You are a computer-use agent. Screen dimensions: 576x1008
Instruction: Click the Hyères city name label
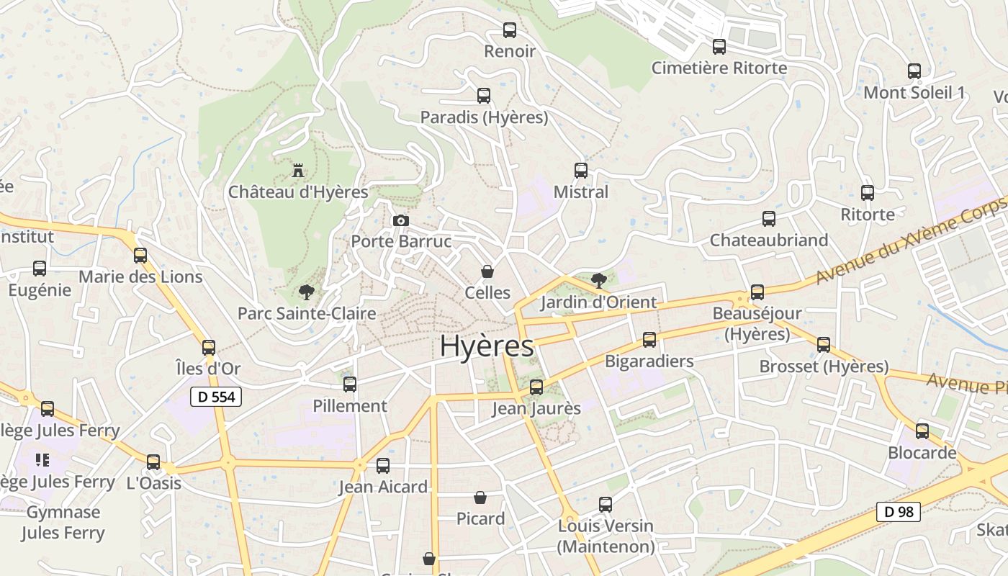click(487, 346)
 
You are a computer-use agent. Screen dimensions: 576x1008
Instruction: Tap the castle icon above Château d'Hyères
click(297, 171)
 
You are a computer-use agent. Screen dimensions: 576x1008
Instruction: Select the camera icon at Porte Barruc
click(401, 220)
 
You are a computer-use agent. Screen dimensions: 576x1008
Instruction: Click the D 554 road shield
click(216, 396)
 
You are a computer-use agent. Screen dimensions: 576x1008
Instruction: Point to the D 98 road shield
click(899, 512)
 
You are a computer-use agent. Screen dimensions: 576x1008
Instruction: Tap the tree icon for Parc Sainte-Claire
click(307, 292)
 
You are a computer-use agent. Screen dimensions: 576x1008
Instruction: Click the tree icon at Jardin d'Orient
click(598, 281)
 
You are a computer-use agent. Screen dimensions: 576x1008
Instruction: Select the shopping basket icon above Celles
click(487, 271)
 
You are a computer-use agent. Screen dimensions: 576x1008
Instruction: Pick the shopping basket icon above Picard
click(480, 498)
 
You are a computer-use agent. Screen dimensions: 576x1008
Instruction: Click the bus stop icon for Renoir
click(510, 30)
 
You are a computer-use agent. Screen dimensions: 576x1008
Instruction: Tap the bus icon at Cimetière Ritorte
click(719, 47)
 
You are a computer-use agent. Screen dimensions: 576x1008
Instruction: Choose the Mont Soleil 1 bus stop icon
click(914, 71)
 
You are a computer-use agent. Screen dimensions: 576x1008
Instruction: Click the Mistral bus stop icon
click(581, 171)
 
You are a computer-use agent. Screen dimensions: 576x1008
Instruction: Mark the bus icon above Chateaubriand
click(769, 219)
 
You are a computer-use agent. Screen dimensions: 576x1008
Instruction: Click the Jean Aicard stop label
click(383, 487)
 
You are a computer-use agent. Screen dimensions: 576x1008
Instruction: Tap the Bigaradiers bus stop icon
click(649, 340)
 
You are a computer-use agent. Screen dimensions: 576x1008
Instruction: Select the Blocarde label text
click(922, 453)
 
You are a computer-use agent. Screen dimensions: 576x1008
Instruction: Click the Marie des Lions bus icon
click(140, 256)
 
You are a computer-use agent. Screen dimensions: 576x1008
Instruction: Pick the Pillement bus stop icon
click(350, 384)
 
